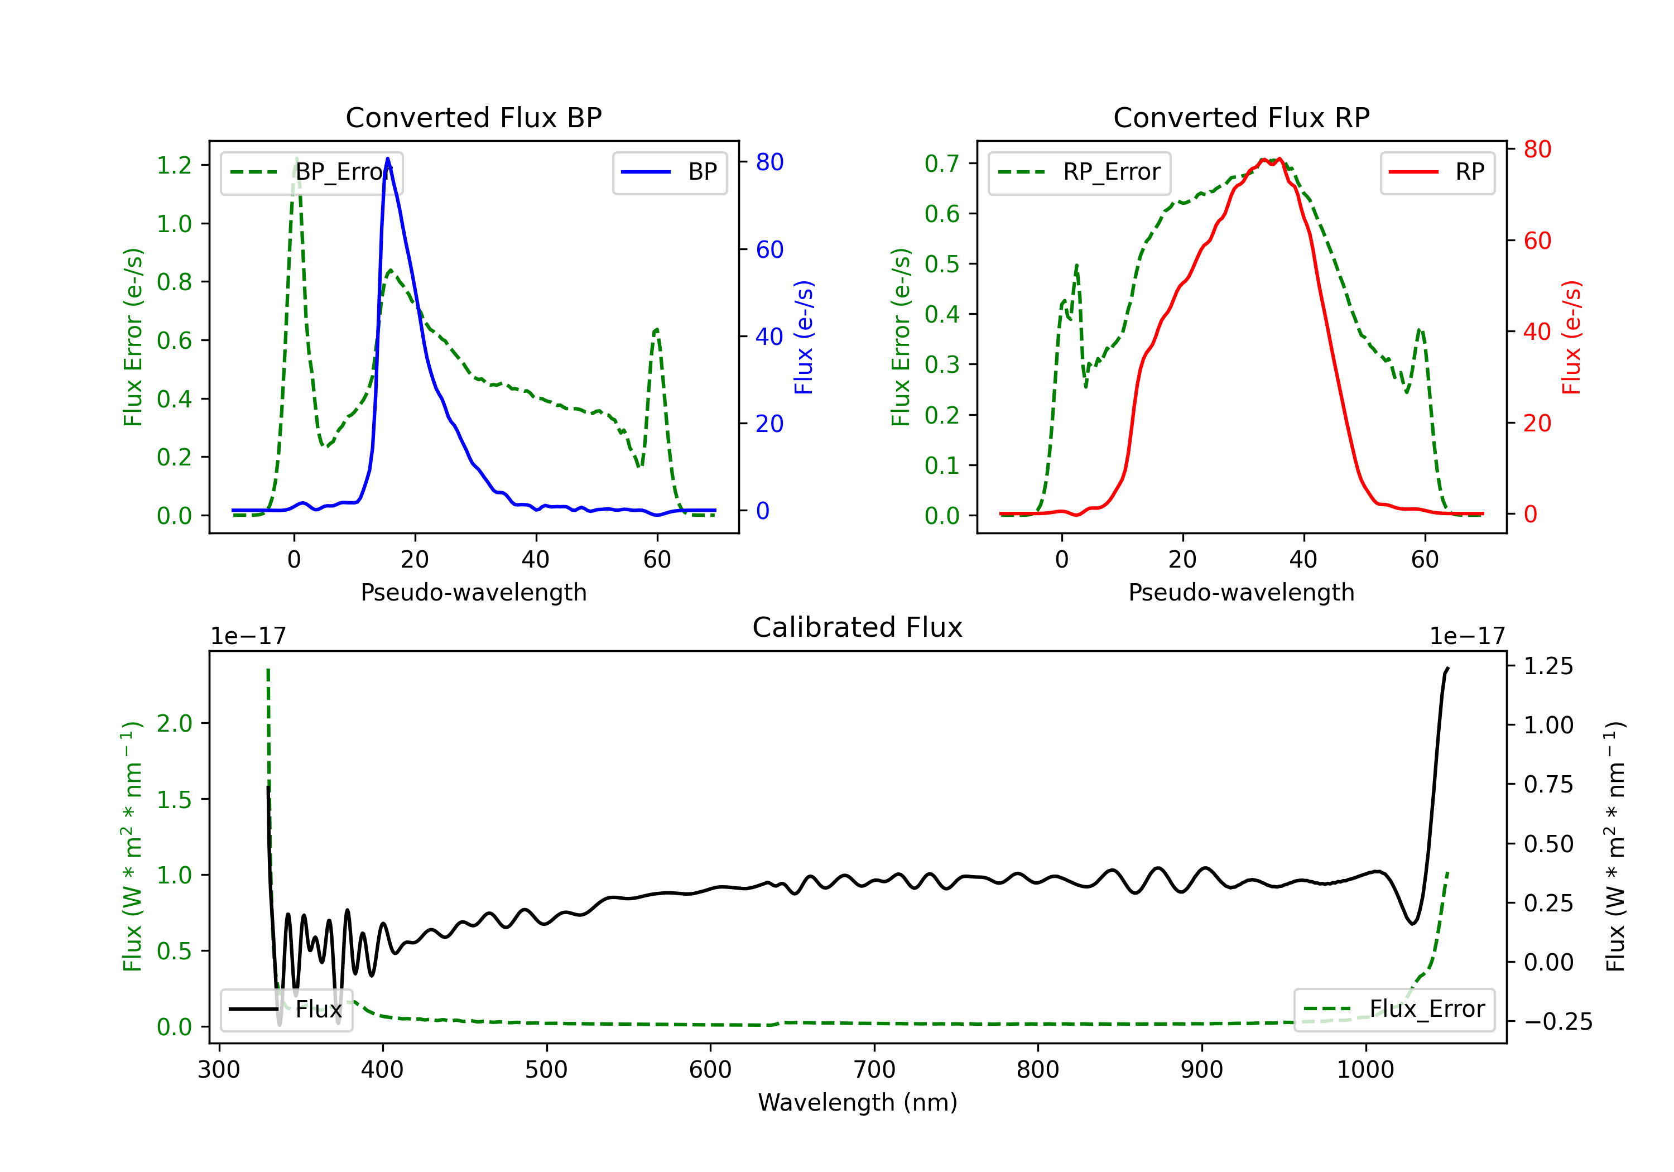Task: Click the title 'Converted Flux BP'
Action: pyautogui.click(x=473, y=117)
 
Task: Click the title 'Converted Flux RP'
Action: pyautogui.click(x=1241, y=117)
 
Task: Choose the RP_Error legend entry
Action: pyautogui.click(x=1079, y=172)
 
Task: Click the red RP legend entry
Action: pyautogui.click(x=1437, y=172)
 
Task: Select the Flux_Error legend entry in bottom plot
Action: pyautogui.click(x=1394, y=1010)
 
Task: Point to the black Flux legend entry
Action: pyautogui.click(x=287, y=1010)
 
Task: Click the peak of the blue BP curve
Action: pyautogui.click(x=387, y=158)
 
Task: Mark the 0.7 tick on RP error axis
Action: pyautogui.click(x=942, y=164)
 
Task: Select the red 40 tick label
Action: pyautogui.click(x=1537, y=332)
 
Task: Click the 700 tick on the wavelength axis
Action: pyautogui.click(x=874, y=1069)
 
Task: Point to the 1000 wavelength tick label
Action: pyautogui.click(x=1365, y=1069)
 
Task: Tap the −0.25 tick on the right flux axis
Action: pyautogui.click(x=1557, y=1022)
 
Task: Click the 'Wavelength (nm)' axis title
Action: pyautogui.click(x=858, y=1102)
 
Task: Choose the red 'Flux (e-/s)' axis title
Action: pyautogui.click(x=1571, y=337)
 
